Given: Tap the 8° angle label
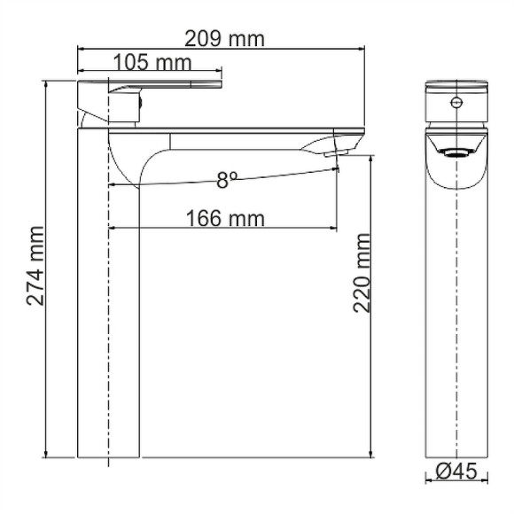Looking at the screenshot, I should [x=228, y=180].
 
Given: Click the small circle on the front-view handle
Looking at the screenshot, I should [x=456, y=104].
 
